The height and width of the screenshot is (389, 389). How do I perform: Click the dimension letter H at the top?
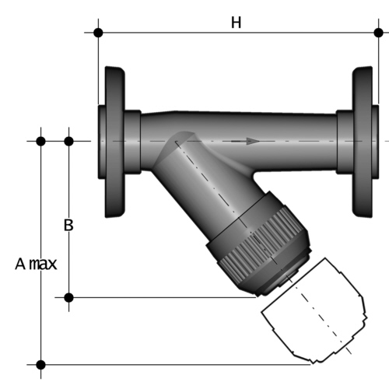pyautogui.click(x=236, y=23)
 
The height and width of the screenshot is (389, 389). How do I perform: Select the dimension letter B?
pyautogui.click(x=68, y=226)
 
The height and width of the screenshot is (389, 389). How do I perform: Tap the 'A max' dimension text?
pyautogui.click(x=36, y=264)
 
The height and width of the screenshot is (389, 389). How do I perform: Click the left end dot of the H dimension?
pyautogui.click(x=98, y=33)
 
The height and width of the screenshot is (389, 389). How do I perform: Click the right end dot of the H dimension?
pyautogui.click(x=379, y=33)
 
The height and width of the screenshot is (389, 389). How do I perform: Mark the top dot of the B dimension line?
pyautogui.click(x=68, y=141)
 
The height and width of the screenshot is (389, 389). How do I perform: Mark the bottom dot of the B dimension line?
pyautogui.click(x=68, y=297)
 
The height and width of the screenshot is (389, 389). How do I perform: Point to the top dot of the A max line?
pyautogui.click(x=40, y=141)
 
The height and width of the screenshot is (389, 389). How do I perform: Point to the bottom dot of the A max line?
pyautogui.click(x=40, y=364)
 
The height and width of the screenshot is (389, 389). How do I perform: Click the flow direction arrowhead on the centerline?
pyautogui.click(x=252, y=141)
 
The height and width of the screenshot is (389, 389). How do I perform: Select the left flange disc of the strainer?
pyautogui.click(x=114, y=142)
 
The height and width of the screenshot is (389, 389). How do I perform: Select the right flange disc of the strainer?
pyautogui.click(x=363, y=142)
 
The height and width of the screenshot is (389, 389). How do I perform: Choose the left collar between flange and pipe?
pyautogui.click(x=133, y=142)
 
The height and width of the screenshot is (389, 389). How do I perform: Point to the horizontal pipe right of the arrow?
pyautogui.click(x=300, y=132)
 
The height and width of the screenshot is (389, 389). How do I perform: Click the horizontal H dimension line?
pyautogui.click(x=171, y=33)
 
